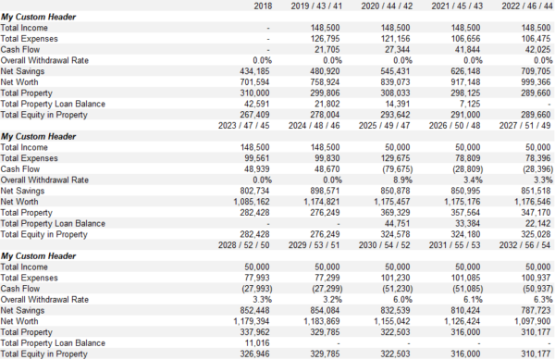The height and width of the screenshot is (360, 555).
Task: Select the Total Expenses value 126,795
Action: [x=330, y=38]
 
